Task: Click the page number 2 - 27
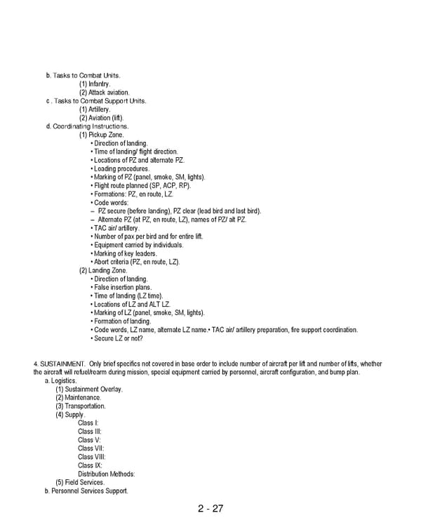tap(210, 509)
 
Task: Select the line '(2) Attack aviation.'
tap(104, 93)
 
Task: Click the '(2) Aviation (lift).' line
tap(101, 118)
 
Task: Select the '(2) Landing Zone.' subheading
tap(102, 270)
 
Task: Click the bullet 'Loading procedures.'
tap(121, 169)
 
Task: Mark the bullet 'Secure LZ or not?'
tap(118, 338)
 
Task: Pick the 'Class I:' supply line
tap(88, 423)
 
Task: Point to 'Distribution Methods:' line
tap(107, 474)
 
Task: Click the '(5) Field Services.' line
tap(80, 482)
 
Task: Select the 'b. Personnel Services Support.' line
tap(86, 491)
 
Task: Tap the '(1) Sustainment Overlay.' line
tap(89, 390)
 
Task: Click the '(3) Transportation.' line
tap(81, 406)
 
